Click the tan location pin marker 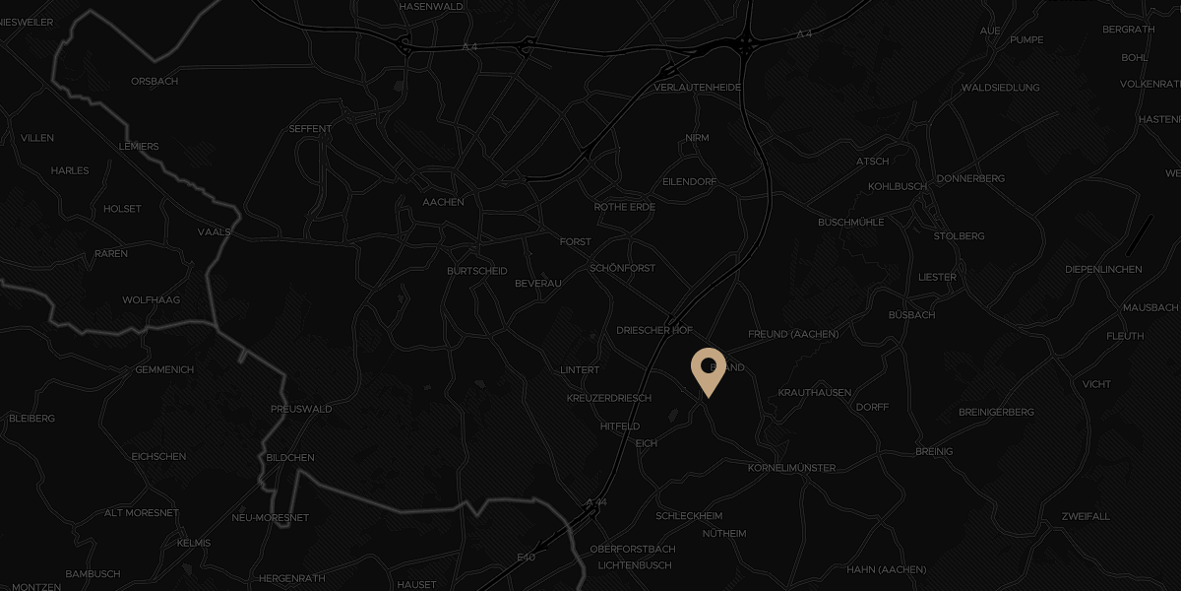708,369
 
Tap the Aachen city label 443,202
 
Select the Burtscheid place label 476,271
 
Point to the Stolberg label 959,236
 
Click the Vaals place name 214,232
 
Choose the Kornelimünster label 791,468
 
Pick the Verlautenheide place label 697,88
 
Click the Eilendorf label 689,182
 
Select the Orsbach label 155,82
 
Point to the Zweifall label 1086,516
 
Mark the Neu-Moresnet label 270,518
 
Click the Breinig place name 933,451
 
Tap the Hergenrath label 291,578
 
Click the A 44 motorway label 595,503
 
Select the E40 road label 526,558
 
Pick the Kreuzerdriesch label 609,398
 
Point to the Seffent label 310,129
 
